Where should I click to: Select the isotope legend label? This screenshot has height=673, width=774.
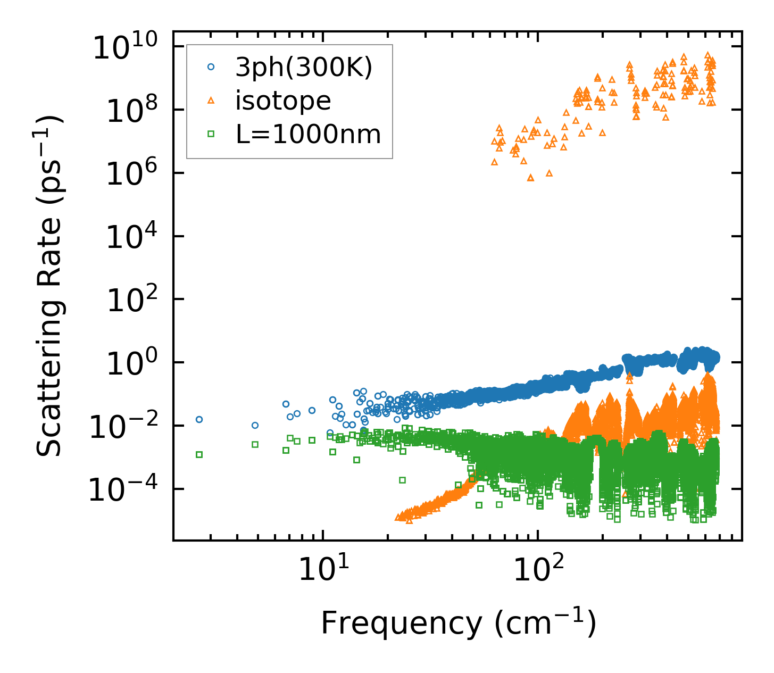(283, 101)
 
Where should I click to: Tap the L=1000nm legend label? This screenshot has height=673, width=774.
(309, 135)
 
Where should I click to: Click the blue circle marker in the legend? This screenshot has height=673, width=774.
(211, 67)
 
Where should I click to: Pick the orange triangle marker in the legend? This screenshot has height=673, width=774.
(211, 100)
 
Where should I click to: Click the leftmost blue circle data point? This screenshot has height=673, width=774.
(199, 419)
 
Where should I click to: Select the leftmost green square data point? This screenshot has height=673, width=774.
(199, 454)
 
